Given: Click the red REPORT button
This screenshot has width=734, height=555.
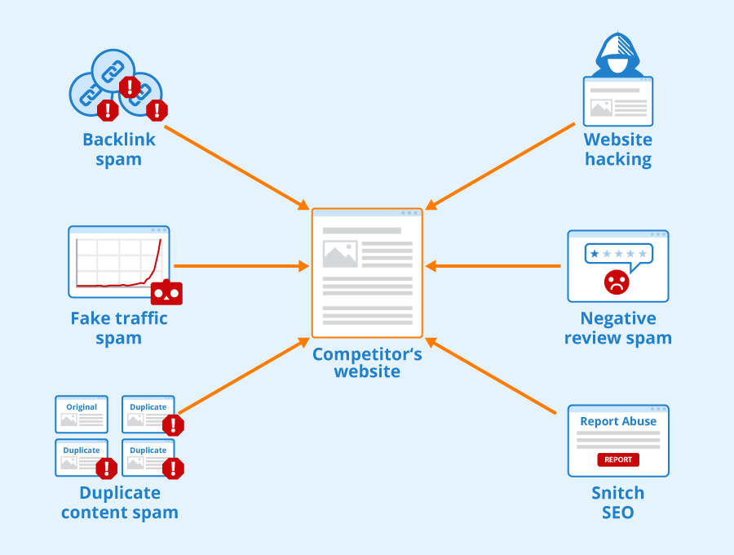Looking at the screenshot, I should click(x=618, y=460).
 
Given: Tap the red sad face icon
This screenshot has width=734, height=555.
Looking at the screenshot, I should click(x=617, y=282).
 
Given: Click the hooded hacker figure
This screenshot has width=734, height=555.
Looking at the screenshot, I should click(x=617, y=55).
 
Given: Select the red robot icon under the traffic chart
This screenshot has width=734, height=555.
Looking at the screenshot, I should click(x=166, y=292).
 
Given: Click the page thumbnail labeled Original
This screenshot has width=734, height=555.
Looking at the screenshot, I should click(x=82, y=415).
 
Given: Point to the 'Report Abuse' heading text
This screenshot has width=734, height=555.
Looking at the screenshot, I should click(x=618, y=422).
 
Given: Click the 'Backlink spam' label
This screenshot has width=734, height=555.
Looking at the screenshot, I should click(x=119, y=149).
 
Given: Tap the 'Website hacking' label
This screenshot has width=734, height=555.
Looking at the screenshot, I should click(x=618, y=149).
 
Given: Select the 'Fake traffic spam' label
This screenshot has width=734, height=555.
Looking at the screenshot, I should click(x=119, y=327).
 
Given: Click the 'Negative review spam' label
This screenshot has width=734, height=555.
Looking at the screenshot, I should click(x=618, y=327).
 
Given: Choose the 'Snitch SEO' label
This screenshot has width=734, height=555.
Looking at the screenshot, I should click(x=618, y=503).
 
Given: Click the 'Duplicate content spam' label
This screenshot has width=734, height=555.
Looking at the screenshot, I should click(x=119, y=503).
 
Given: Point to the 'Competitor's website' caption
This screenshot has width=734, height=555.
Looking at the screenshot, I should click(x=367, y=362).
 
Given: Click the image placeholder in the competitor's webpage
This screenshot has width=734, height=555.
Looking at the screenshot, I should click(x=340, y=254).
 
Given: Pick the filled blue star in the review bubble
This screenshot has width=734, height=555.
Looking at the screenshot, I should click(x=595, y=254).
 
